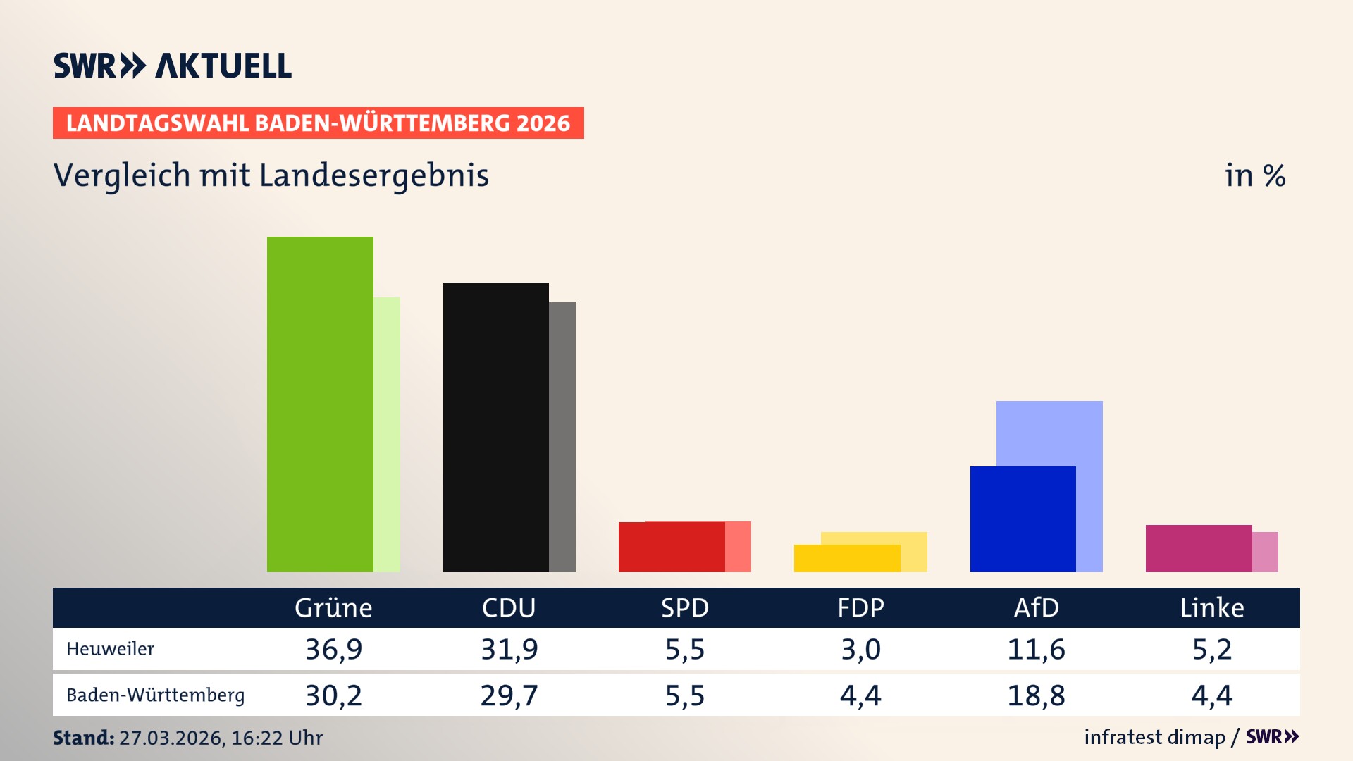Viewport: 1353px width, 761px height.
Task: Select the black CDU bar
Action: click(495, 427)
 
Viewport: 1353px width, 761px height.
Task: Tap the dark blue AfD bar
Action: click(1023, 519)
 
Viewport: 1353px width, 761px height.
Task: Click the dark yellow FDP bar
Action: click(846, 558)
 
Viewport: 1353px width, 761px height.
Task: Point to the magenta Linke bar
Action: click(1198, 548)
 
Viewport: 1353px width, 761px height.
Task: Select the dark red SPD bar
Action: click(671, 547)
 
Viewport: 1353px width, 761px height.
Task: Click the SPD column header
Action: click(684, 607)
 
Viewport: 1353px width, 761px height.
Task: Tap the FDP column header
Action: click(860, 607)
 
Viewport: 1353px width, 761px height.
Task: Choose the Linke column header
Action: click(1212, 607)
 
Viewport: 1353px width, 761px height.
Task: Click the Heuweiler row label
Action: click(110, 649)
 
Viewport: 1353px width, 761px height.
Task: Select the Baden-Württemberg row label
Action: click(155, 695)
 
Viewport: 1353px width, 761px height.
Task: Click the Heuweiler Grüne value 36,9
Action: click(333, 649)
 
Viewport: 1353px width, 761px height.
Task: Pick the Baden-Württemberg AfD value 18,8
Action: click(1036, 695)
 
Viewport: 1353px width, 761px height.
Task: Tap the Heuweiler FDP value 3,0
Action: click(860, 649)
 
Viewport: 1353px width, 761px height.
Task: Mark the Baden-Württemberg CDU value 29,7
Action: click(509, 695)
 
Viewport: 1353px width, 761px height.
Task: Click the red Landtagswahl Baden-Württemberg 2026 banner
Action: click(318, 123)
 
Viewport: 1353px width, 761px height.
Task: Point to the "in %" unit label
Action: click(1254, 175)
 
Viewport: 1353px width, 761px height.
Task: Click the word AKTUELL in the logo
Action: click(223, 66)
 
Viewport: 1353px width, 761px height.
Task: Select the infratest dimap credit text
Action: click(1154, 737)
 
